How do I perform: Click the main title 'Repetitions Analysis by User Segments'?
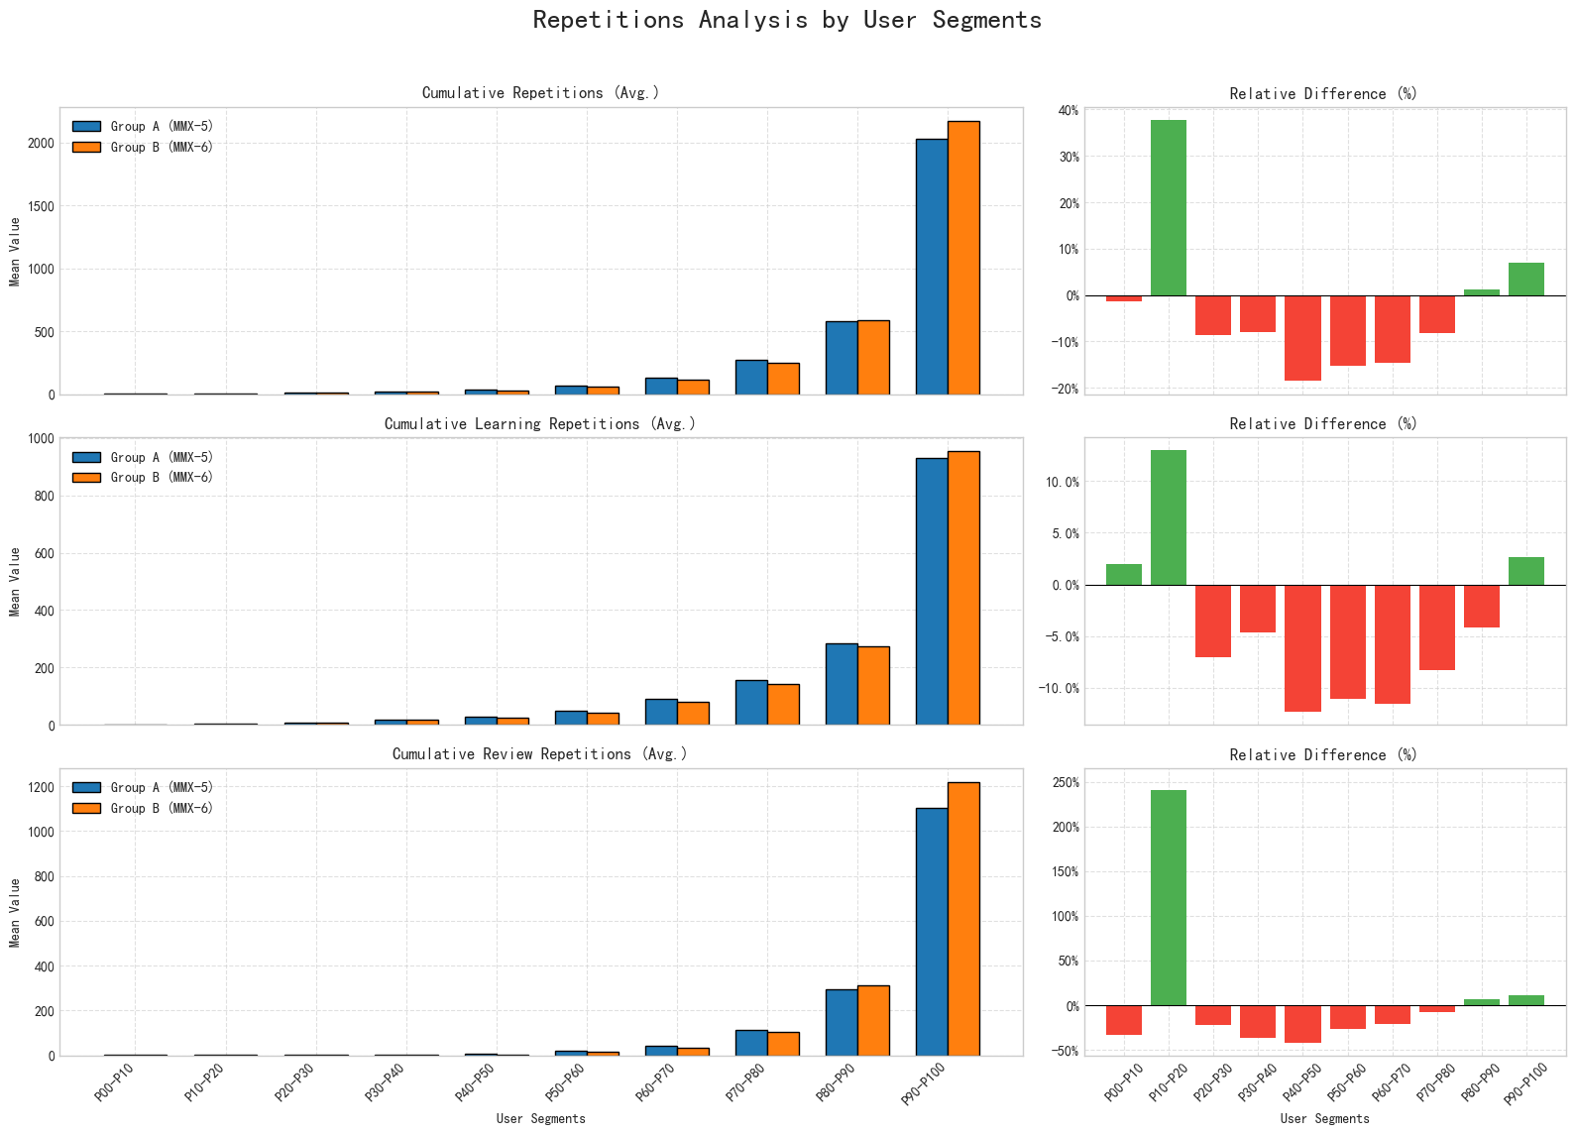click(787, 20)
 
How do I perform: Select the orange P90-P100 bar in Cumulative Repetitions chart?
click(963, 258)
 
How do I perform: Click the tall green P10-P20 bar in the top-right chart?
click(1169, 207)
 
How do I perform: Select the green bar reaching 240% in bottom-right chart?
click(1169, 897)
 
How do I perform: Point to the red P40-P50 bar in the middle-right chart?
click(1302, 648)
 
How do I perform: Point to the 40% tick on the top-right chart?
click(1068, 110)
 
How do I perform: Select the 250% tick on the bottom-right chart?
click(1065, 782)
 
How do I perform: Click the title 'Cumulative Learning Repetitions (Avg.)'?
click(540, 424)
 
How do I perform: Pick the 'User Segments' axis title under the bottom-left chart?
click(540, 1119)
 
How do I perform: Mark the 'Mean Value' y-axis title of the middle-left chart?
click(15, 581)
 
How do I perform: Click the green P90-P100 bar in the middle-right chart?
click(1526, 571)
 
